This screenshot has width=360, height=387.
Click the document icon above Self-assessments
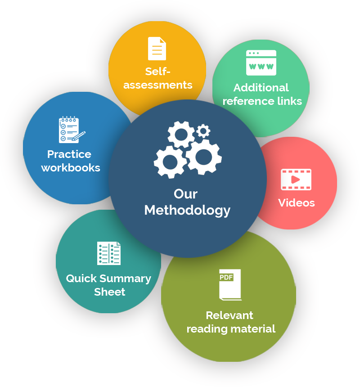157,49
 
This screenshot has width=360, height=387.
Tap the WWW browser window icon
261,63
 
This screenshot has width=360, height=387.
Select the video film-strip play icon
296,180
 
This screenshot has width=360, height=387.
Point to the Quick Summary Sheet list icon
109,253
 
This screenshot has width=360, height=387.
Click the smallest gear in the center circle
203,131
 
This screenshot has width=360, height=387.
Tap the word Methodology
187,210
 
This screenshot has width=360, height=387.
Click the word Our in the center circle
185,194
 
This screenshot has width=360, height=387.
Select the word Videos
296,202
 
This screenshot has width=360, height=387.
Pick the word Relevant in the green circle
229,315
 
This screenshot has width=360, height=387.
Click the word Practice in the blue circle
69,154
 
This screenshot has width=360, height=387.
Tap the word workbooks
71,168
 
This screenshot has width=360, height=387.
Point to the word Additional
261,87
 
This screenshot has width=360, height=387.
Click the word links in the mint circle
289,101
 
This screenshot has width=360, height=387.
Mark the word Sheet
109,292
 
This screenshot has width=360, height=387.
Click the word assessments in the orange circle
157,85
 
